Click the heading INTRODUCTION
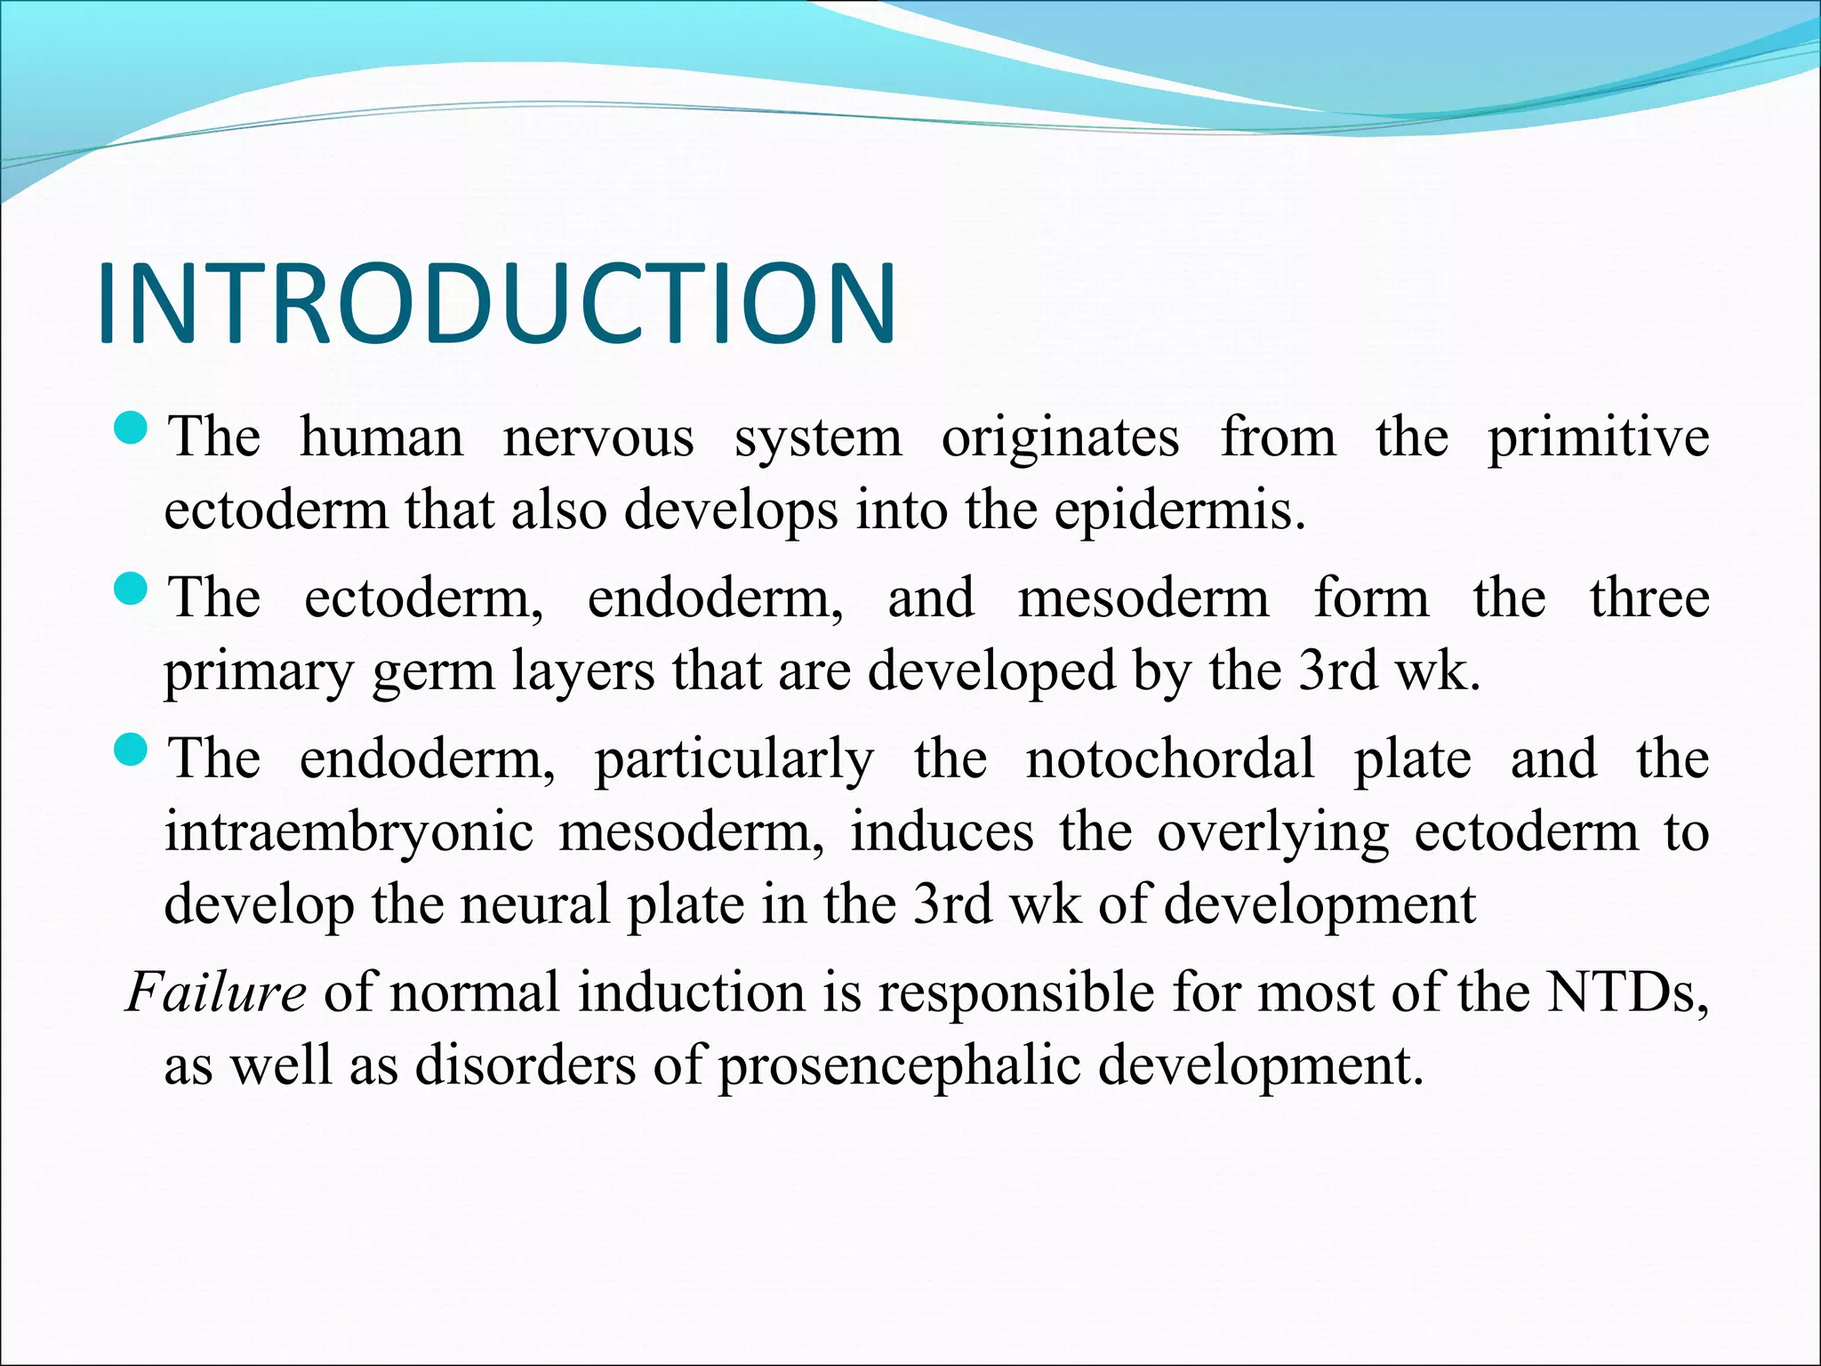496,303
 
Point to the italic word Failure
216,992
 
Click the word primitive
1598,438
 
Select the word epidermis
1180,511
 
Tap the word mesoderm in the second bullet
1143,598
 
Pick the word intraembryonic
349,833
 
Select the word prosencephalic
899,1065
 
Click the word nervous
598,438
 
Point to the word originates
1060,438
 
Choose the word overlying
1272,833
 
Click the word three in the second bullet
1649,598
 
